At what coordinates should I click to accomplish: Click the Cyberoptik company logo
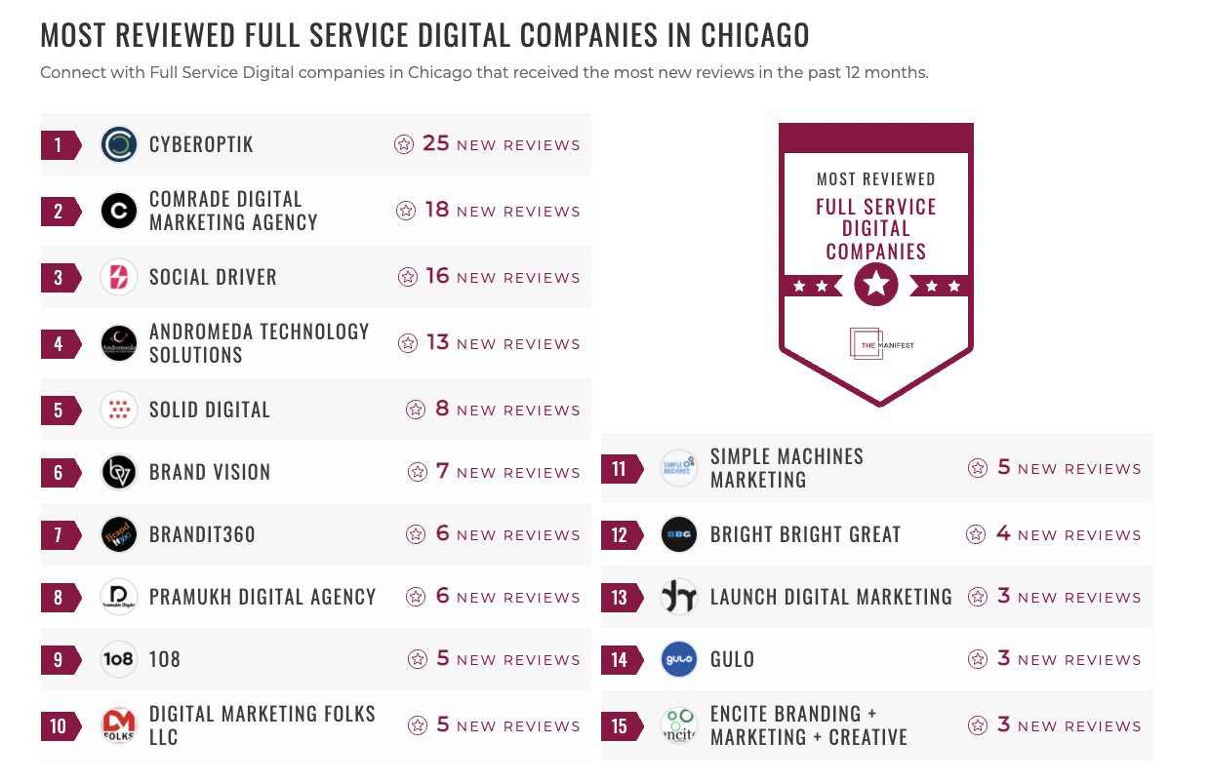119,145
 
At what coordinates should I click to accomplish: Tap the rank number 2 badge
59,212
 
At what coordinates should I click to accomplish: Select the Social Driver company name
213,277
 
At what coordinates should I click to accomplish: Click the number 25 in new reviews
435,144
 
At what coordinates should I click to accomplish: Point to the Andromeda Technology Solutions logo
119,344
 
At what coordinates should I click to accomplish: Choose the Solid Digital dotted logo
119,411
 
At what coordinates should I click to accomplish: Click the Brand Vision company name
210,472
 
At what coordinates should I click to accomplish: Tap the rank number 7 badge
59,535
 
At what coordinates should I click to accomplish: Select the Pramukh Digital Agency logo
119,598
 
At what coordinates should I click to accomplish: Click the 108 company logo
119,660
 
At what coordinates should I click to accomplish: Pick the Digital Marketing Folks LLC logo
119,726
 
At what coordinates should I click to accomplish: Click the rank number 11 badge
620,469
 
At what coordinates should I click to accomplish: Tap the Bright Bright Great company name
805,534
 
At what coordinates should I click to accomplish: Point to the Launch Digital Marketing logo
679,598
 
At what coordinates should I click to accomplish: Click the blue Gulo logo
679,660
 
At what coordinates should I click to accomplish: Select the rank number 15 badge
620,726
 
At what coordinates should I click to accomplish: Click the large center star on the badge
876,285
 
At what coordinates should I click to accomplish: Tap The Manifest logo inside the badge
875,344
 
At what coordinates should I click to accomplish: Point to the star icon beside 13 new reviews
408,344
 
